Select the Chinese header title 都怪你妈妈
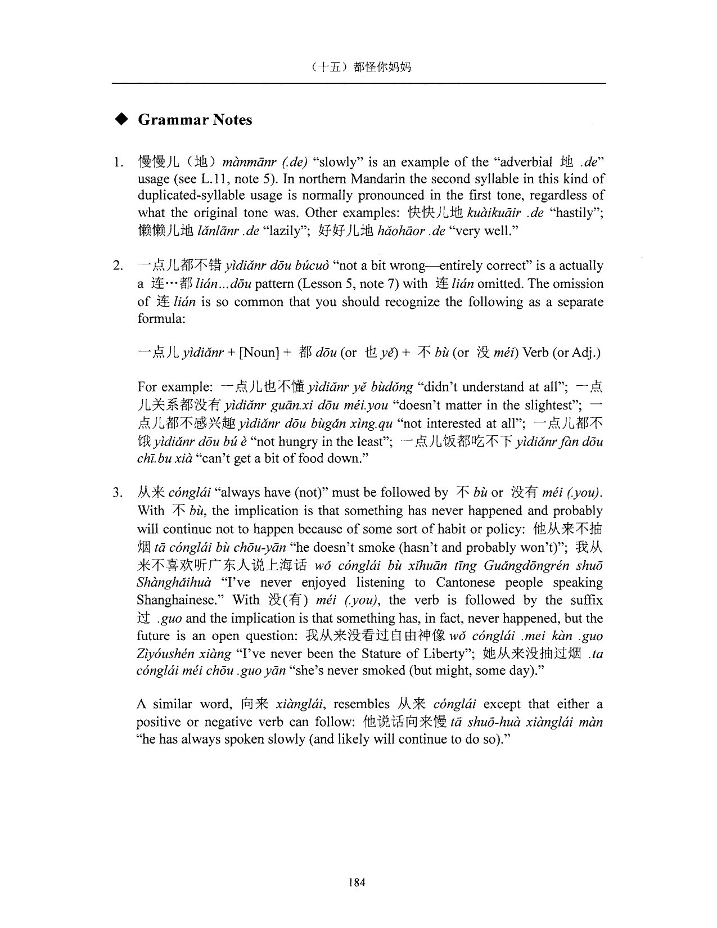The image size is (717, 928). pyautogui.click(x=382, y=67)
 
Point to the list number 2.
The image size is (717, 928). pyautogui.click(x=118, y=266)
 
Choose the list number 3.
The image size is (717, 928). pyautogui.click(x=118, y=493)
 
